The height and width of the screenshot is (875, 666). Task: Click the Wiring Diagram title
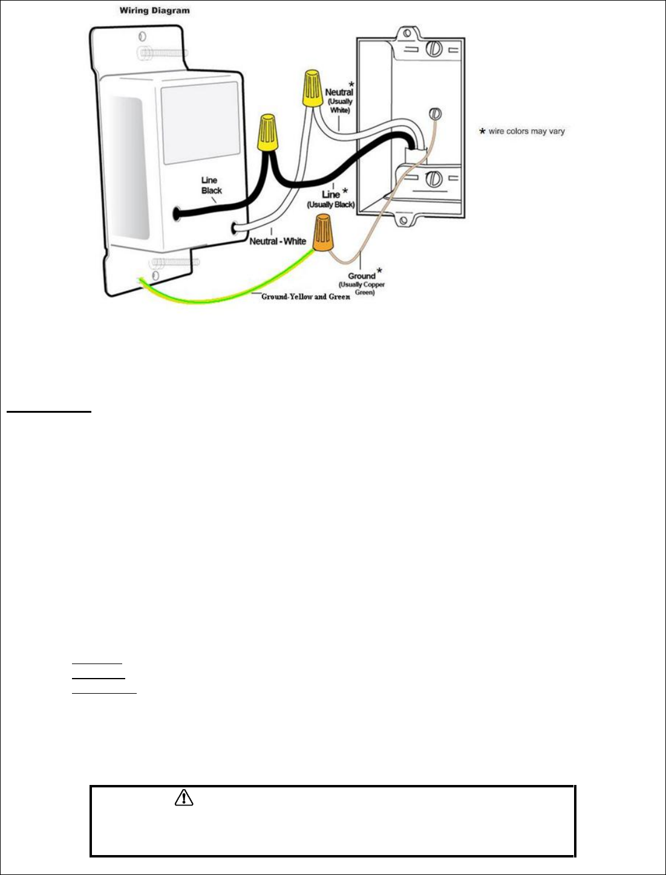click(154, 10)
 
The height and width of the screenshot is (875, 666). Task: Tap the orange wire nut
click(323, 236)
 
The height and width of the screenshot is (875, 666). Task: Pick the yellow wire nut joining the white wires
click(312, 89)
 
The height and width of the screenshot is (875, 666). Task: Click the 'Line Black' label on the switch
click(211, 185)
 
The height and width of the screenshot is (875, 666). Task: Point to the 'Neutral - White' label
click(278, 241)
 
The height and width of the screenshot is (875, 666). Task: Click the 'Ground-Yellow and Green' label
click(305, 297)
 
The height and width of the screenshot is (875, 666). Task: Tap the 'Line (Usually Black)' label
click(331, 199)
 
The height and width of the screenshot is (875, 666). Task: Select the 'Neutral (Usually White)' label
click(339, 100)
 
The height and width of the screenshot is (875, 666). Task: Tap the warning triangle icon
click(183, 798)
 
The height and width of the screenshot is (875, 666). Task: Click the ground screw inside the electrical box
click(434, 114)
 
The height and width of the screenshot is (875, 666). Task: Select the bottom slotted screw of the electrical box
click(433, 179)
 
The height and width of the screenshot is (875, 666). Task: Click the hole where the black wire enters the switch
click(177, 213)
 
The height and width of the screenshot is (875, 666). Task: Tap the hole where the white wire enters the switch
click(235, 228)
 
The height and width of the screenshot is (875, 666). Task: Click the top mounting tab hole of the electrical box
click(407, 32)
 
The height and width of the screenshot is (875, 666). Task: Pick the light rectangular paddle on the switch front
click(200, 123)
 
